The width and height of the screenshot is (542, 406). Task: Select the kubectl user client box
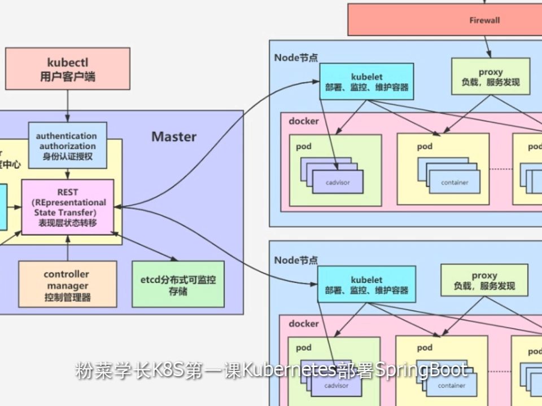click(x=68, y=69)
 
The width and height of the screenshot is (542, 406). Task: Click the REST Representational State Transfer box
click(x=68, y=207)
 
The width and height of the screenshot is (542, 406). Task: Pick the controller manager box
click(x=67, y=285)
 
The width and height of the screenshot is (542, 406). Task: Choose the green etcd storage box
click(x=178, y=285)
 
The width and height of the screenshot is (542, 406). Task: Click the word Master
click(x=174, y=136)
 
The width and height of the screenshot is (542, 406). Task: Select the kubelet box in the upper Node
click(x=366, y=82)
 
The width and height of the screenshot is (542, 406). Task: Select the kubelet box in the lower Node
click(x=366, y=285)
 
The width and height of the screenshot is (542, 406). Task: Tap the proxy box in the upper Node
click(x=490, y=77)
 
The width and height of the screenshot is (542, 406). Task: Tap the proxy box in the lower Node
click(x=484, y=280)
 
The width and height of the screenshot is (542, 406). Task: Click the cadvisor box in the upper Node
click(x=338, y=183)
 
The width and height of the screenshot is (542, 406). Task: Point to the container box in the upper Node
click(x=454, y=183)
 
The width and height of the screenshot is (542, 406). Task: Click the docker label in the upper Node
click(x=304, y=121)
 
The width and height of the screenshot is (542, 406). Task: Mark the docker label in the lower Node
click(x=304, y=324)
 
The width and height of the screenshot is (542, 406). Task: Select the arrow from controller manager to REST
click(x=68, y=248)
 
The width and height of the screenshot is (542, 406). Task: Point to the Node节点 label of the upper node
click(x=296, y=58)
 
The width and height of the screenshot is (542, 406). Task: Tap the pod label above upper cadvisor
click(x=304, y=147)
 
